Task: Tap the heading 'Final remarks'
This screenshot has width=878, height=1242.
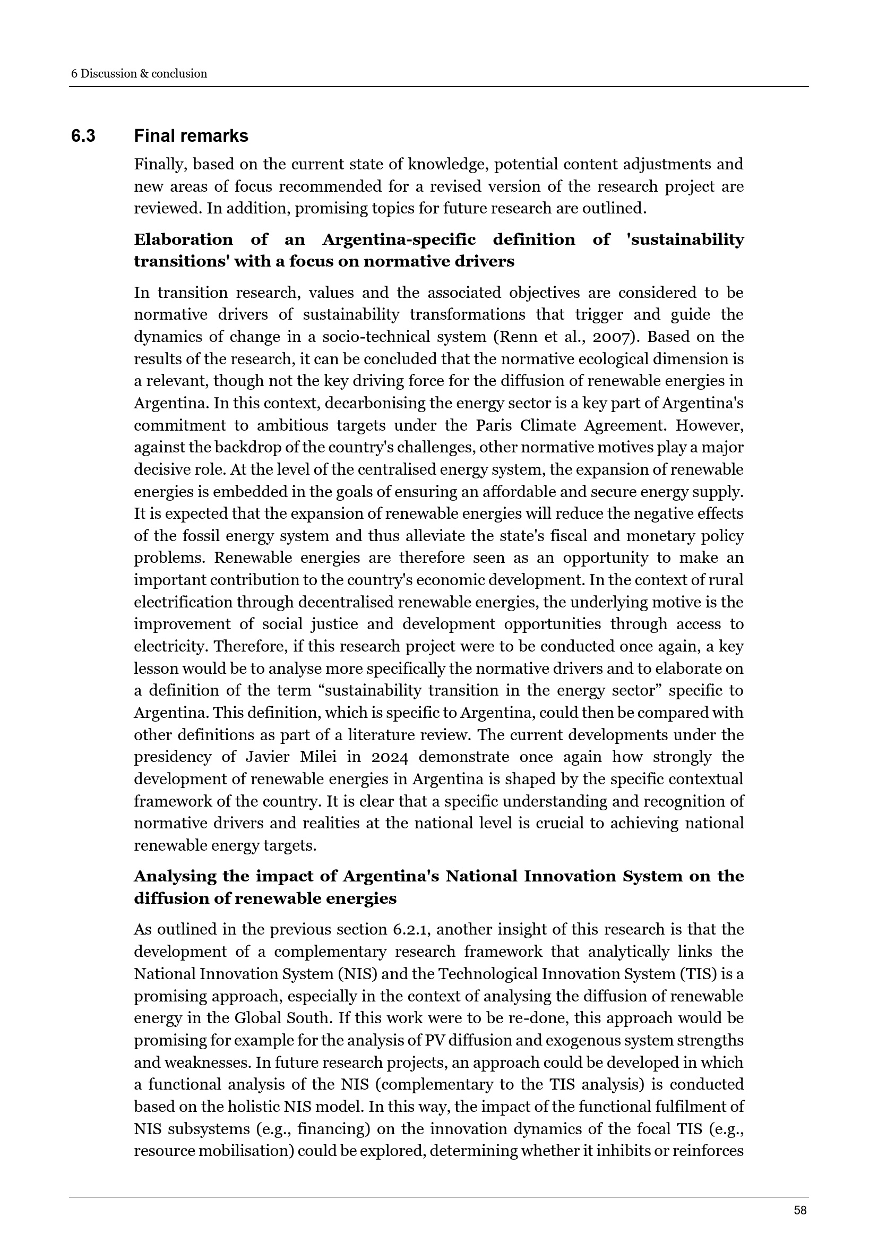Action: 191,136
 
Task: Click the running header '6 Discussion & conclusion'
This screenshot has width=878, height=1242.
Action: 139,74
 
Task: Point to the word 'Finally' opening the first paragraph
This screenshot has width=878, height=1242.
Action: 158,165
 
